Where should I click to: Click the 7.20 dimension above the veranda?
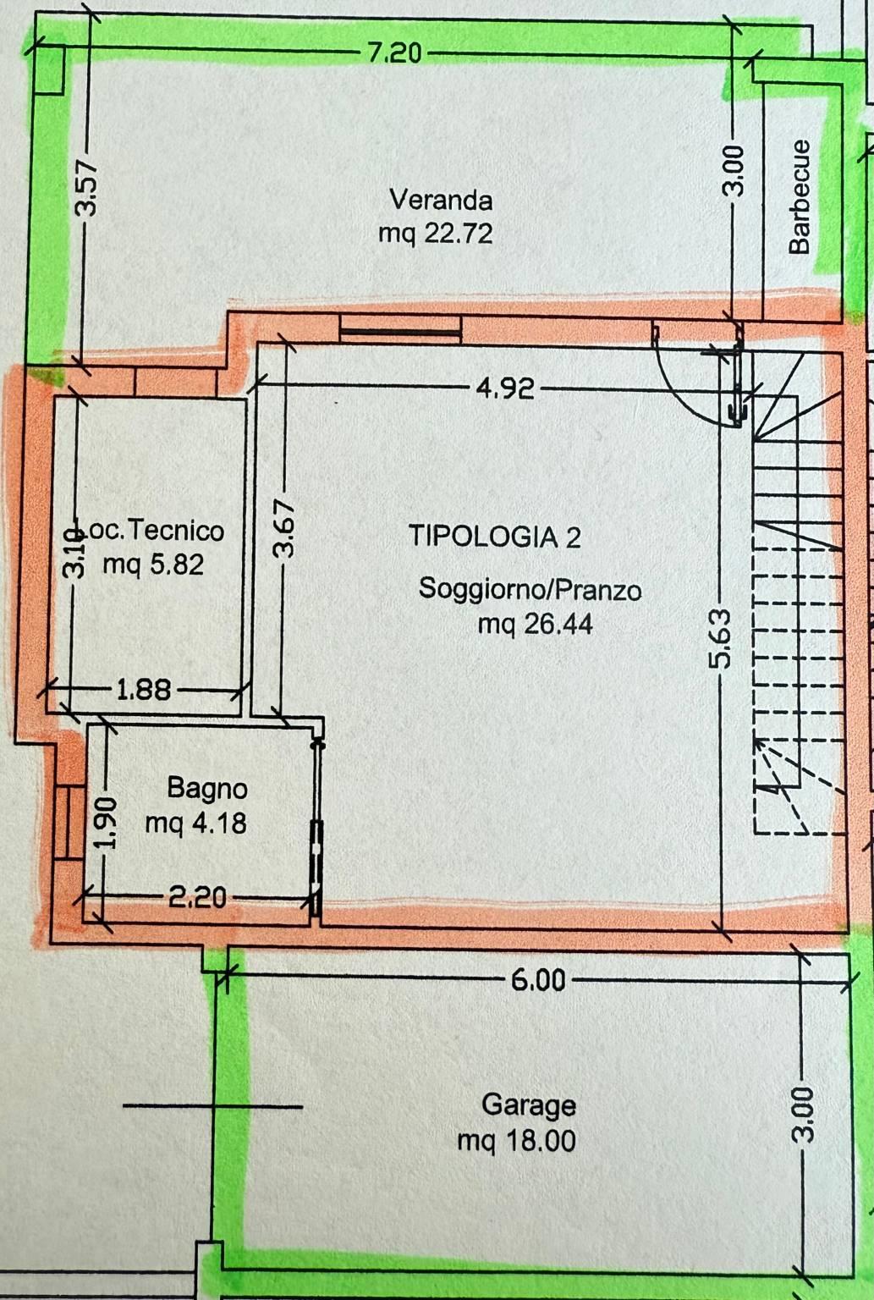pos(394,53)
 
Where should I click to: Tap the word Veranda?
pos(441,201)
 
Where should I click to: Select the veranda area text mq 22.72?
pos(435,234)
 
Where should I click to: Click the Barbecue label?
pos(800,196)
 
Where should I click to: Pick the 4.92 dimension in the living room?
pos(505,388)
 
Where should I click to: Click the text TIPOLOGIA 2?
pos(494,537)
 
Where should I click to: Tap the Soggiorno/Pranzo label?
pos(530,590)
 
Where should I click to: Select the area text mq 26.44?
pos(535,625)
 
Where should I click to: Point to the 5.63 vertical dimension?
pos(722,638)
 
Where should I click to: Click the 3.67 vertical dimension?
pos(284,529)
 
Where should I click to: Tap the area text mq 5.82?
pos(153,565)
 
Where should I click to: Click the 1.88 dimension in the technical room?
pos(144,691)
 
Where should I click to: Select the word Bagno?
pos(207,789)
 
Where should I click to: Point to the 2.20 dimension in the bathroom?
pos(197,898)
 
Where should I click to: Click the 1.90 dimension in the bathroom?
pos(107,823)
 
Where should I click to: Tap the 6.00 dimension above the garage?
pos(538,980)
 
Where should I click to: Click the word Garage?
pos(529,1105)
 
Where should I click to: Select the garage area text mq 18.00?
pos(516,1140)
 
